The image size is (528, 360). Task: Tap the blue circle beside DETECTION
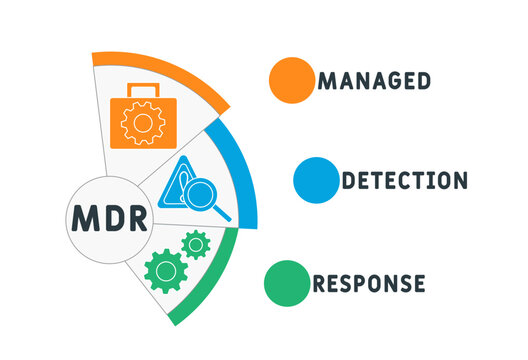coord(316,181)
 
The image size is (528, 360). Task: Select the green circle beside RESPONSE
coord(286,282)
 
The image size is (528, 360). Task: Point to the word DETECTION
coord(404,181)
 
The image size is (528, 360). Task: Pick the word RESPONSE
coord(368,283)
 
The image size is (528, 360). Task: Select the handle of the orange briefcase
coord(145,90)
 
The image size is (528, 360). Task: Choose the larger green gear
coord(166,270)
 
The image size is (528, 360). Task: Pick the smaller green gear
coord(196,243)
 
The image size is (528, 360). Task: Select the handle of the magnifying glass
coord(223,212)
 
